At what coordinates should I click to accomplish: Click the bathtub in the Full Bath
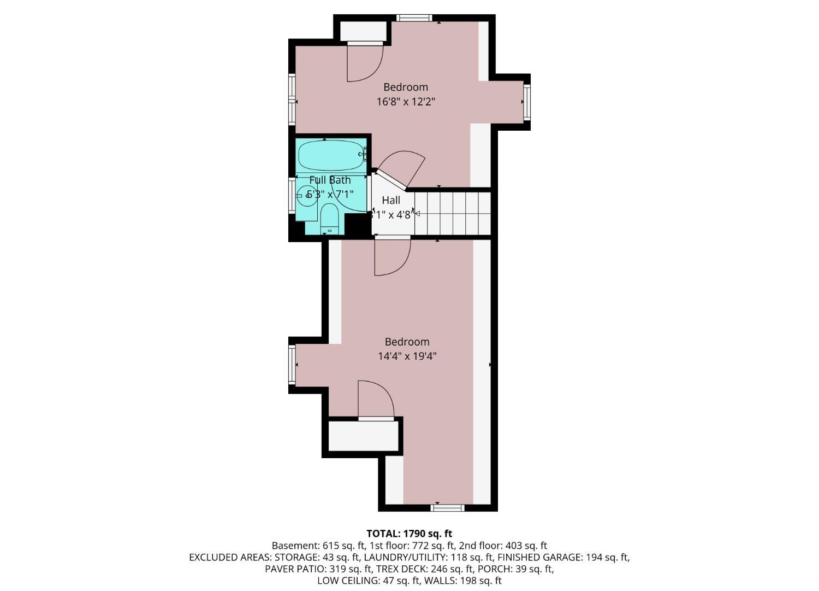click(330, 155)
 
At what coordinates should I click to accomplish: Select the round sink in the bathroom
click(307, 195)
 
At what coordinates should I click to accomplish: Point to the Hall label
click(391, 200)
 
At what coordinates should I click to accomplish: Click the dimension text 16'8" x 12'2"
click(406, 102)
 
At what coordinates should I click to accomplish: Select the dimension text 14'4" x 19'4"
click(407, 356)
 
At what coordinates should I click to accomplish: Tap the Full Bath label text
click(330, 180)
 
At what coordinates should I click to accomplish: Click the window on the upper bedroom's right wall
click(527, 102)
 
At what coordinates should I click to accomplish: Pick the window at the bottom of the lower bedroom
click(447, 508)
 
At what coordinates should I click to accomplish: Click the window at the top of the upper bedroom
click(414, 18)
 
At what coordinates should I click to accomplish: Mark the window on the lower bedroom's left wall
click(292, 364)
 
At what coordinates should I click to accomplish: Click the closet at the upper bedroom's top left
click(362, 31)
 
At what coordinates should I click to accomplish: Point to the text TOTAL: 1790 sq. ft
click(409, 534)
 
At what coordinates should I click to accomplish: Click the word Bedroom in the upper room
click(405, 87)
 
